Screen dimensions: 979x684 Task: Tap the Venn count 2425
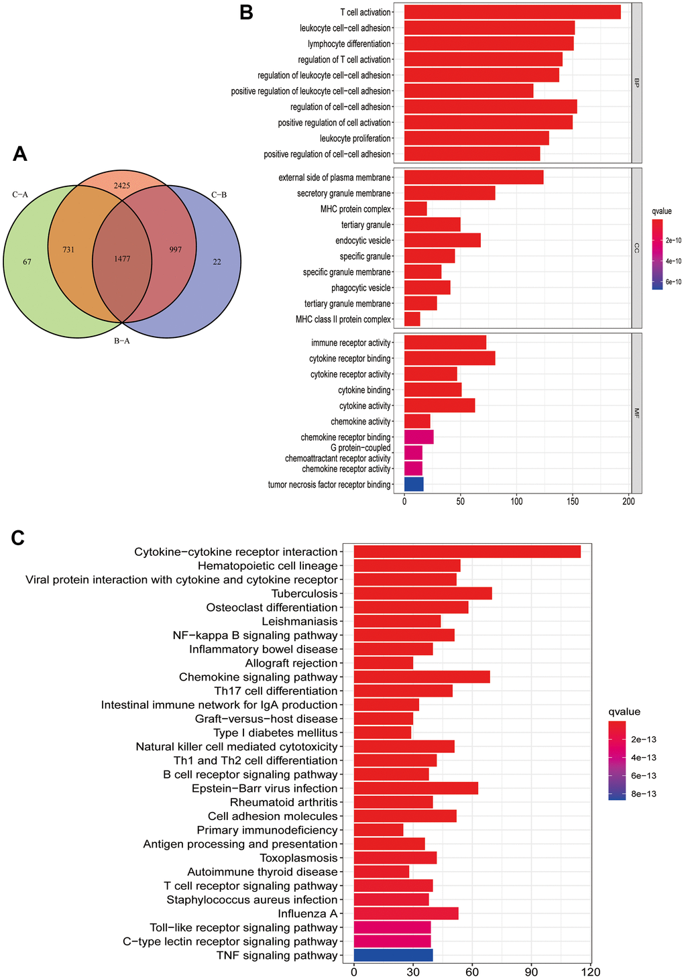122,184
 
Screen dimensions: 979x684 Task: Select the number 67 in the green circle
27,262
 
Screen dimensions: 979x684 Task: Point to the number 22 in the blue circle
217,262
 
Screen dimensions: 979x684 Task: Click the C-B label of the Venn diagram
219,195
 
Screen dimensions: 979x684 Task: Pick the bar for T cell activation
512,12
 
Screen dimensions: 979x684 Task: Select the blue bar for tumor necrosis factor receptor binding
414,484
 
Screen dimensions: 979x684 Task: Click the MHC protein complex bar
416,209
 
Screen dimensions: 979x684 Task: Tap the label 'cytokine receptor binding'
350,359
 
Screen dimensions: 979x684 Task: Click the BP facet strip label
636,83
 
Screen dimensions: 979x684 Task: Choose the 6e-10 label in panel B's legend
673,282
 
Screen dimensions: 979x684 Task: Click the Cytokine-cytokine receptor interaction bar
467,552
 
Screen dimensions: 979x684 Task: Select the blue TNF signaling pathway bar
393,956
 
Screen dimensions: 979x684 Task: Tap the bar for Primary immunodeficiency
378,830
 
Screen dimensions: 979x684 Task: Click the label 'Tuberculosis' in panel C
304,593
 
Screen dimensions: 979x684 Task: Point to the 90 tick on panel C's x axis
531,970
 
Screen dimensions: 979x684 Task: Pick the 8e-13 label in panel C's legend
642,794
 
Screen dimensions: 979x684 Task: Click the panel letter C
19,537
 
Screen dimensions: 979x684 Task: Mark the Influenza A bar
406,913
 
